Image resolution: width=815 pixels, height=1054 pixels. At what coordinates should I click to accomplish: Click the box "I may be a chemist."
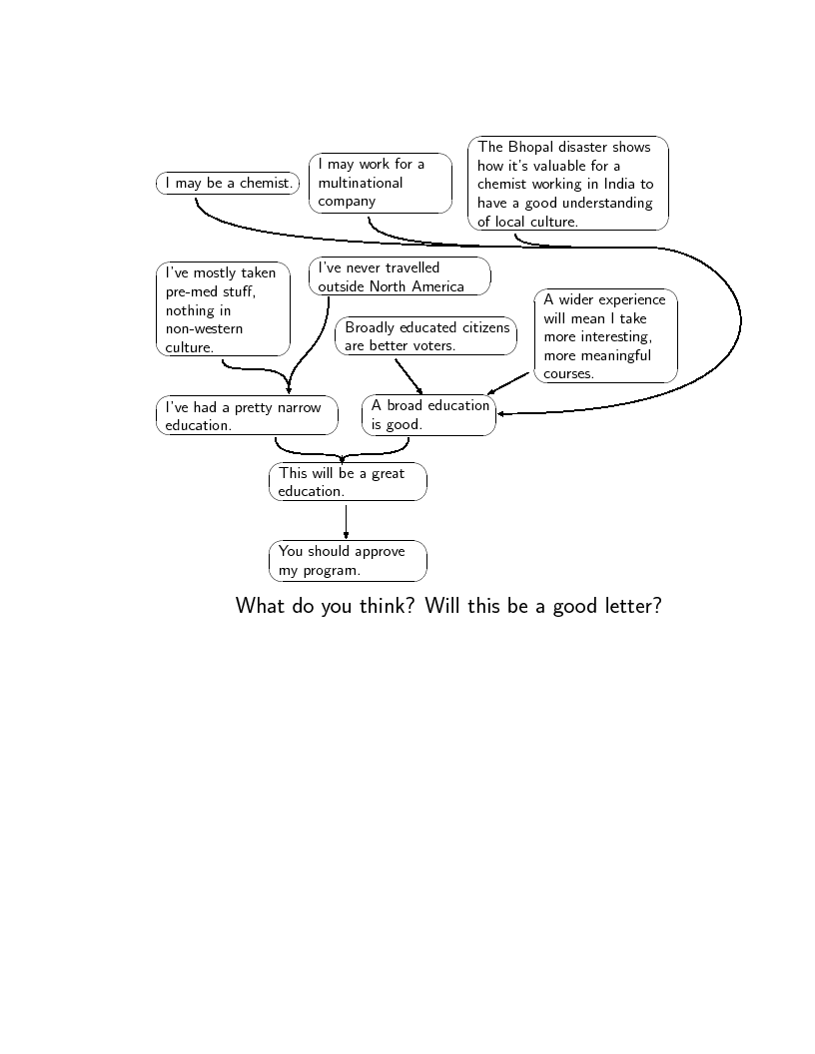228,183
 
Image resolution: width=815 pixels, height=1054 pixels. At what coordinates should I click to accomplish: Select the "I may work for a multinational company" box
380,183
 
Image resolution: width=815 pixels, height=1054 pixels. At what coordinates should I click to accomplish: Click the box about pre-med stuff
223,308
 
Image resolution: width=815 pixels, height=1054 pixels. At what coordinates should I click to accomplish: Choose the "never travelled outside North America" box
400,276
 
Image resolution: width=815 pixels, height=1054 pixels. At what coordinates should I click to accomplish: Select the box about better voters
425,335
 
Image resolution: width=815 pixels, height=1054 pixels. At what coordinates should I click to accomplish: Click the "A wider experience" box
605,336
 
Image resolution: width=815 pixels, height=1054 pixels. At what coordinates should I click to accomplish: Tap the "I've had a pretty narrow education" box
247,415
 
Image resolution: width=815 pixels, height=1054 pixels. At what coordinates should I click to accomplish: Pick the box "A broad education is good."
428,415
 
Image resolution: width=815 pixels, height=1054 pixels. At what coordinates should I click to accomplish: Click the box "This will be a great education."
348,481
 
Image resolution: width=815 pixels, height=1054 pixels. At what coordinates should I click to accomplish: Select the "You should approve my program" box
348,561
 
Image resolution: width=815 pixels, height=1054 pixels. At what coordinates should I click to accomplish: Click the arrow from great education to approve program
346,522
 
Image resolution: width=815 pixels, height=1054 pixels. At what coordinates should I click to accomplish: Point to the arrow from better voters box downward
408,376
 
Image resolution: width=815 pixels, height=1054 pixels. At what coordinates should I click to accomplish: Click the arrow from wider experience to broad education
508,384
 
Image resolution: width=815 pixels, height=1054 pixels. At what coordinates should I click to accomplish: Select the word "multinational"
361,183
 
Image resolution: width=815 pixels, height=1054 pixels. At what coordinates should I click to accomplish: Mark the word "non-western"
204,328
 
